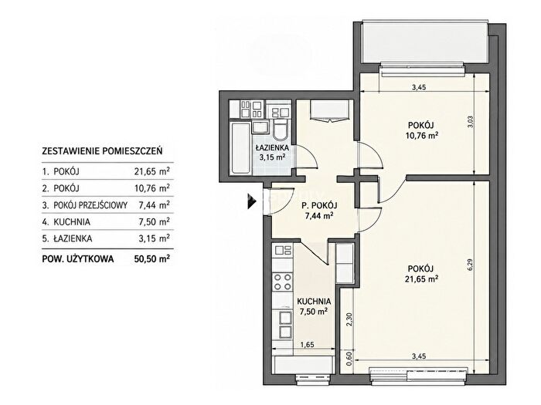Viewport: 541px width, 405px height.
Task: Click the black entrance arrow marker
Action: tap(252, 201)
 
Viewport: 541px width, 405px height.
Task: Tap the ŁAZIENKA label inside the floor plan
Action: tap(272, 148)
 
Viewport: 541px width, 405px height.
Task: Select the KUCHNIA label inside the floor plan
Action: tap(314, 302)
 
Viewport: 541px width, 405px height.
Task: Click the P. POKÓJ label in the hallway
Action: tap(319, 206)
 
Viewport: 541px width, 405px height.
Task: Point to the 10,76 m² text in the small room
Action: tap(422, 135)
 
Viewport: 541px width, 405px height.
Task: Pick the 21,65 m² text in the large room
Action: tap(421, 279)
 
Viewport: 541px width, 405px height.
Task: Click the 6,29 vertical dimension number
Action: tap(468, 265)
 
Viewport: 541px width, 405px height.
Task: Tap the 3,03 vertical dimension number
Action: tap(469, 121)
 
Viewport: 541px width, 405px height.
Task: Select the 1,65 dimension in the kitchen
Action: tap(307, 345)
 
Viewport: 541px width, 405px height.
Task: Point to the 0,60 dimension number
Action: tap(349, 359)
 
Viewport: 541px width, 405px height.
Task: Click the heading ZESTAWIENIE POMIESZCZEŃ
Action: tap(102, 151)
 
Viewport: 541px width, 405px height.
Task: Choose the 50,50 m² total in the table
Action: tap(152, 258)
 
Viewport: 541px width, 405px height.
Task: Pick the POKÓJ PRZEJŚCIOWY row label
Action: tap(90, 205)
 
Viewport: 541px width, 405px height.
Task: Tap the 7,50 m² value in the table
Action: tap(155, 222)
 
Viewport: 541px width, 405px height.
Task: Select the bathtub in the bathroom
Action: tap(241, 148)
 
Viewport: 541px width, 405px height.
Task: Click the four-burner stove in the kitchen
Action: tap(282, 282)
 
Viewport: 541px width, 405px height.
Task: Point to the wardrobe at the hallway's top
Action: tap(332, 110)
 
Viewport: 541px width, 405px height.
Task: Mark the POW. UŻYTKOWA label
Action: tap(77, 259)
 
